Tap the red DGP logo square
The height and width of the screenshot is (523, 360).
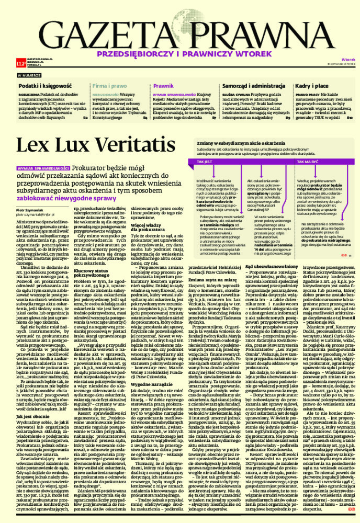click(21, 63)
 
